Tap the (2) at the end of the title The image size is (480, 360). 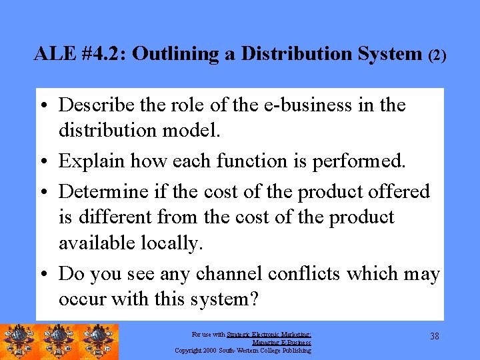coord(436,55)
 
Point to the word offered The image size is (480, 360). coord(399,192)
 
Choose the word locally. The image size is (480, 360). coord(171,244)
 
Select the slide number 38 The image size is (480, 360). coord(435,337)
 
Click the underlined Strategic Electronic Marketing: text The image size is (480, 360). coord(269,335)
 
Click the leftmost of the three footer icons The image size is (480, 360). coord(19,341)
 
